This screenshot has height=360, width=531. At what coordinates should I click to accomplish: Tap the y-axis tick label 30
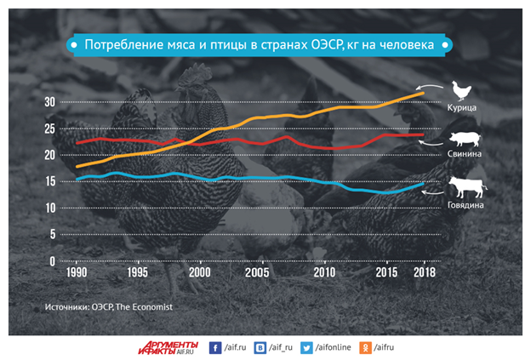(x=49, y=101)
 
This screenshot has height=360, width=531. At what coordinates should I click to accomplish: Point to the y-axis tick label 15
(x=49, y=181)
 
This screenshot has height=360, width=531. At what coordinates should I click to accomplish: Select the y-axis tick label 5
(x=51, y=235)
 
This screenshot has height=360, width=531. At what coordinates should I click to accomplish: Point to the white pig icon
(x=465, y=140)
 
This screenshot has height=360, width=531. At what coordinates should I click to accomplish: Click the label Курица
(x=465, y=109)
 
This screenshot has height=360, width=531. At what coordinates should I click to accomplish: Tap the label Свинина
(x=465, y=155)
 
